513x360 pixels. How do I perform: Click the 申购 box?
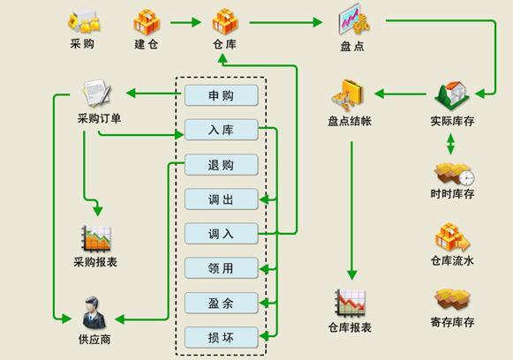click(x=221, y=95)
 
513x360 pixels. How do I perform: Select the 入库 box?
click(x=221, y=131)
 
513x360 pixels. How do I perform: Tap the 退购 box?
click(x=221, y=165)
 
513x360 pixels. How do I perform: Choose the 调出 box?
click(x=221, y=199)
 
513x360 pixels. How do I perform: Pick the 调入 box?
click(x=221, y=234)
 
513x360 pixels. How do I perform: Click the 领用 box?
click(x=221, y=268)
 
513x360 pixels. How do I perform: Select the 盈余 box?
click(x=221, y=303)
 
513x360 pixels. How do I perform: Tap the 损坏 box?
click(x=221, y=336)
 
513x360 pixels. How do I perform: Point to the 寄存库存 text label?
click(x=452, y=323)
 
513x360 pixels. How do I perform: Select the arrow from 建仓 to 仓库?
click(x=187, y=21)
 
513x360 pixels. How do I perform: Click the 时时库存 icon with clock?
click(x=453, y=172)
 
